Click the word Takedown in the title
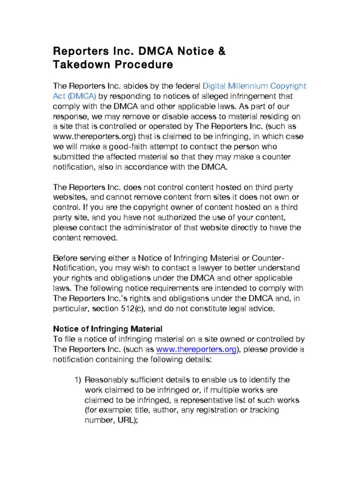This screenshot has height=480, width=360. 82,65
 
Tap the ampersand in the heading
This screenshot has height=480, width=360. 220,51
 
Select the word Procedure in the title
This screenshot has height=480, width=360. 144,65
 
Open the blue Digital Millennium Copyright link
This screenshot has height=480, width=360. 254,86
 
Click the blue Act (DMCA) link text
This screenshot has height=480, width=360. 75,96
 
